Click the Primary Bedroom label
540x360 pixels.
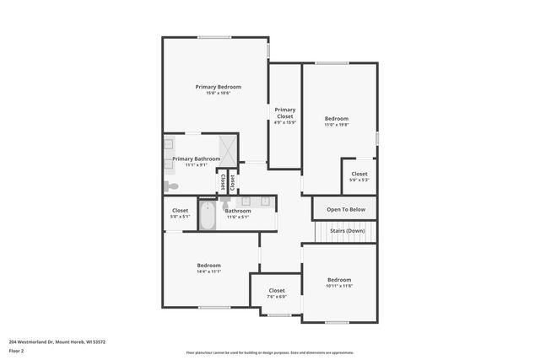click(x=218, y=87)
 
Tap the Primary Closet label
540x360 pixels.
click(x=284, y=113)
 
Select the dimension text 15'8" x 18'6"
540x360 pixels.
click(x=218, y=94)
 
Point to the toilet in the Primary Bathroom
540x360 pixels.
click(x=171, y=185)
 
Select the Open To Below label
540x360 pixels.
click(x=346, y=209)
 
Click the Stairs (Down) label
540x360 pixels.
click(x=348, y=230)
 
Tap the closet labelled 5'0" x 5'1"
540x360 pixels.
click(x=180, y=213)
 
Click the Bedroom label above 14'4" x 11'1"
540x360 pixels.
click(x=209, y=265)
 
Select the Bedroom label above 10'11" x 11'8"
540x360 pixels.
click(x=339, y=279)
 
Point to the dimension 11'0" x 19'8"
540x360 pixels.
click(x=337, y=125)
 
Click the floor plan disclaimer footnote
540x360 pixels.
click(x=271, y=353)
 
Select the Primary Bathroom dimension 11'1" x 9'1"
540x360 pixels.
click(x=196, y=165)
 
